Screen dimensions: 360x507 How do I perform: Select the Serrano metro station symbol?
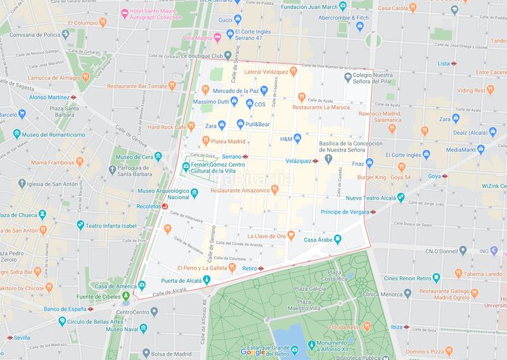click(245, 156)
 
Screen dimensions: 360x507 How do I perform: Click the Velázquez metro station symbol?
click(315, 161)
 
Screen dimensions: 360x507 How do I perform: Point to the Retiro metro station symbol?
click(260, 269)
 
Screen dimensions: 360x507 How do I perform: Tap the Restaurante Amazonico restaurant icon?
click(274, 189)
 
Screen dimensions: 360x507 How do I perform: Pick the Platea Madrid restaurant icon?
click(206, 141)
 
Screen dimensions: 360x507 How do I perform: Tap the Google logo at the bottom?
click(253, 352)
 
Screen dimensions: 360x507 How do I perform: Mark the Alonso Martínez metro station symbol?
click(74, 98)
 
